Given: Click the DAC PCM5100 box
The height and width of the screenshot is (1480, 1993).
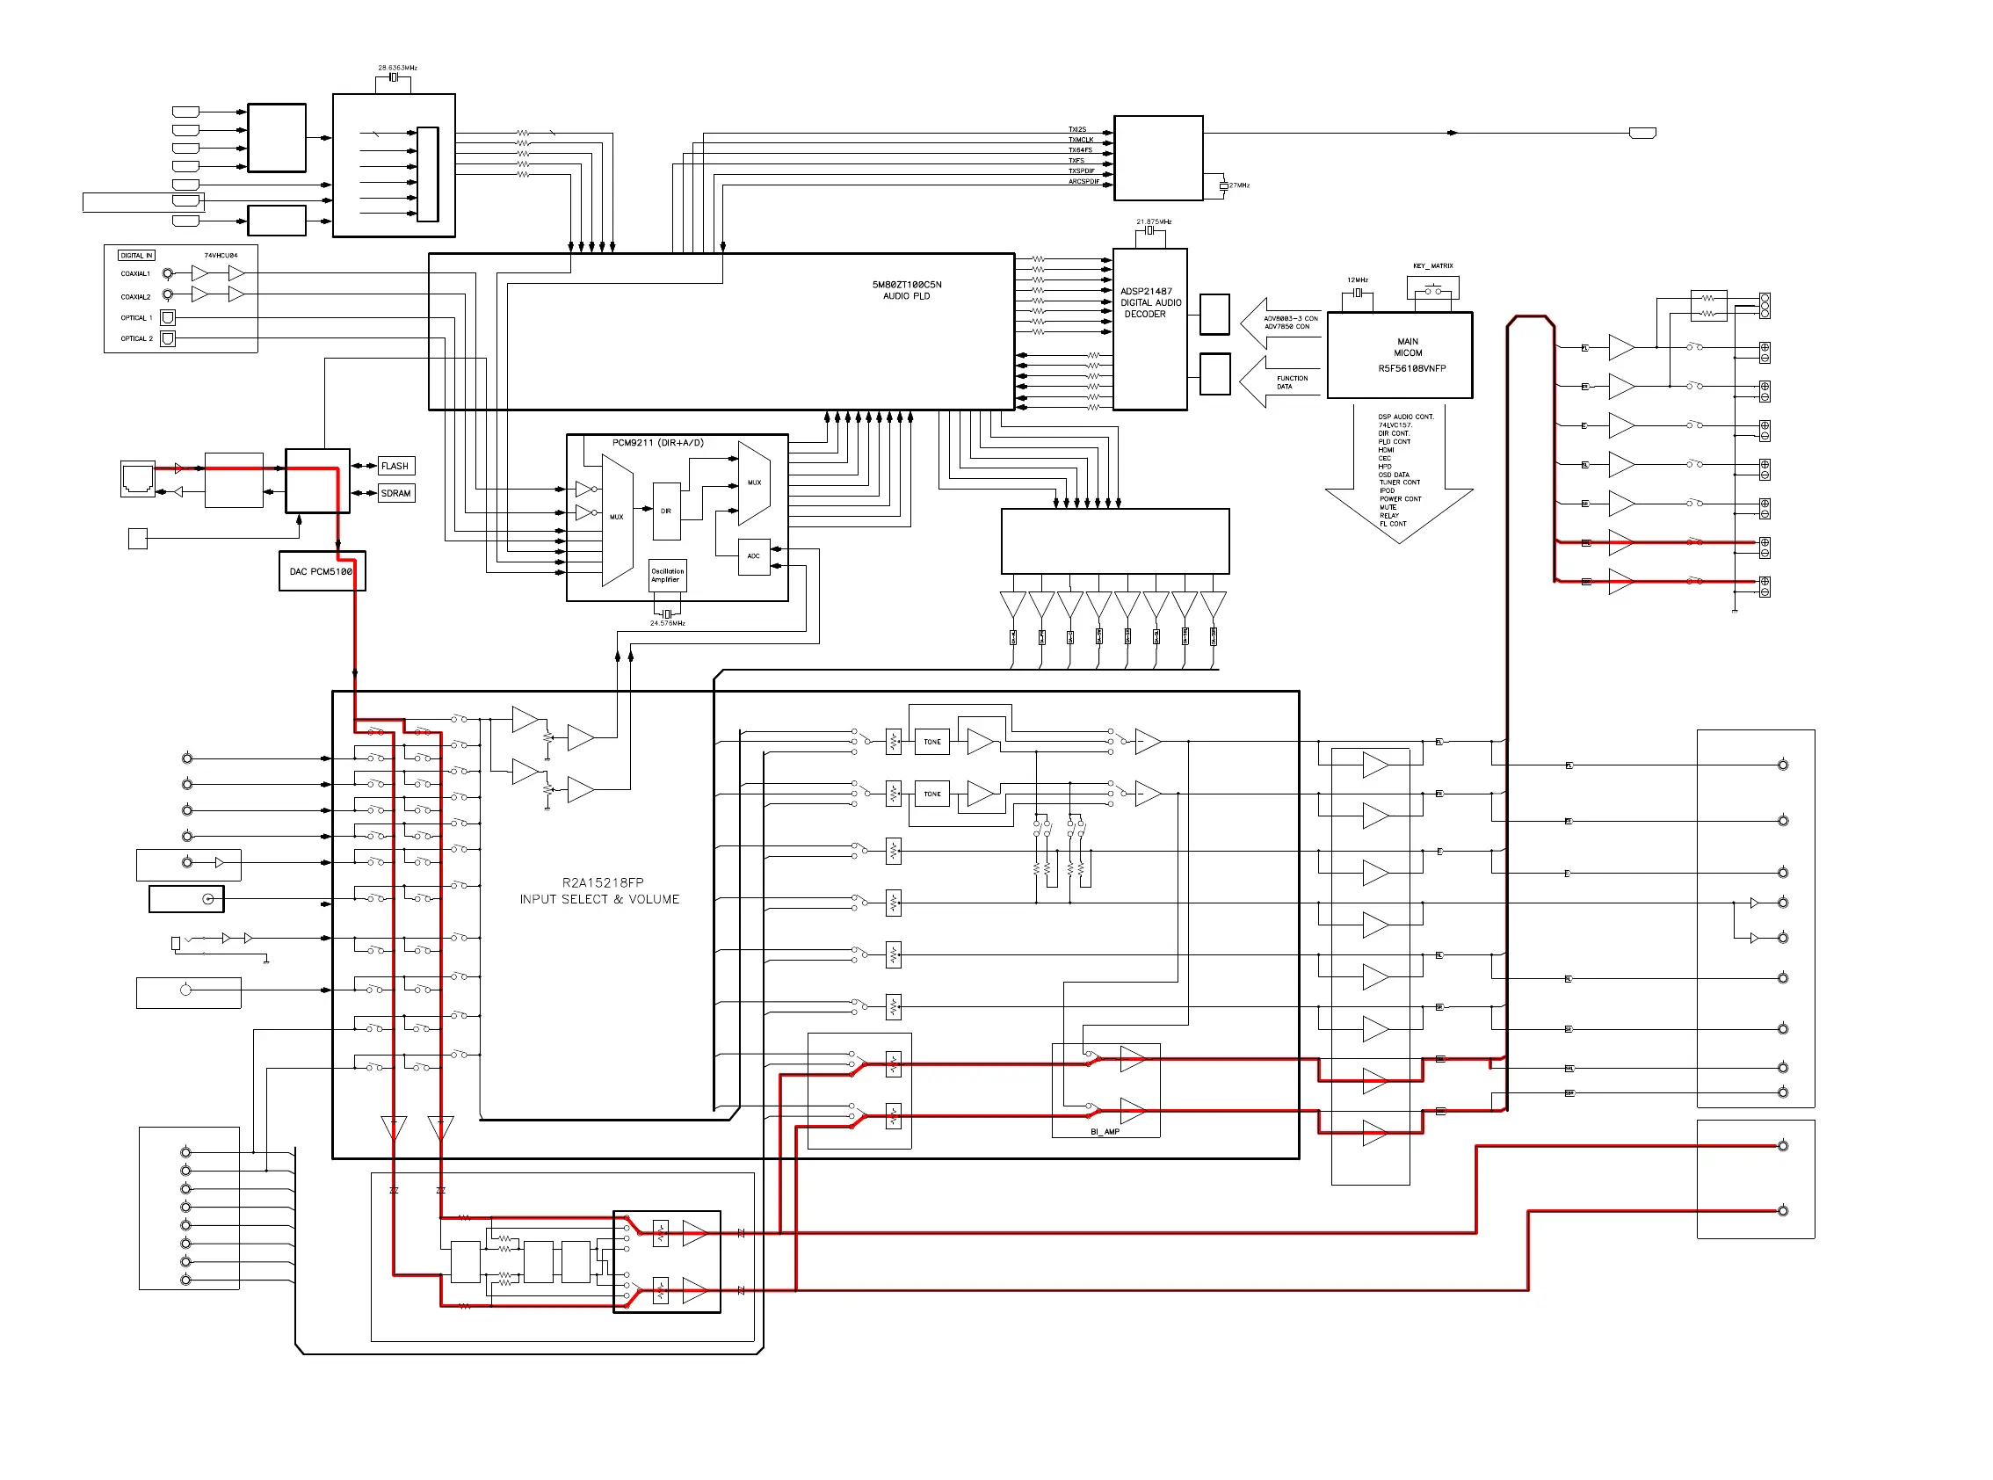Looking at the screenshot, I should coord(321,571).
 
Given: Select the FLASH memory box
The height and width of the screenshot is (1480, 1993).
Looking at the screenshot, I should coord(395,466).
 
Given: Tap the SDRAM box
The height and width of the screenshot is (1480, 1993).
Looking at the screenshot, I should coord(396,494).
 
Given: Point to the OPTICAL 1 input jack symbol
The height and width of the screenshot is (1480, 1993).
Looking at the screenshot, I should coord(168,317).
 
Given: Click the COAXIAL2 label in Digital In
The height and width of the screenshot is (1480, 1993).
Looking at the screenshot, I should coord(135,296).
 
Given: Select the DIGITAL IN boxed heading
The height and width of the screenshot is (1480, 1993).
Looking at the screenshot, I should coord(136,256).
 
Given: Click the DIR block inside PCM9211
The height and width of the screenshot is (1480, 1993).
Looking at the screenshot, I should coord(666,511).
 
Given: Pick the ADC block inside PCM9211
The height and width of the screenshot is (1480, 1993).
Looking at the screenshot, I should coord(753,556).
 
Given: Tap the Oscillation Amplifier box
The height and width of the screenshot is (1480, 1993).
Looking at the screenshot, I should coord(666,575).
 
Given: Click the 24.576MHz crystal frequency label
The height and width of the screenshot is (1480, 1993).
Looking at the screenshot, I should coord(667,623).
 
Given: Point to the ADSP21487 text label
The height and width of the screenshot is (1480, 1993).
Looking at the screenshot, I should coord(1146,291).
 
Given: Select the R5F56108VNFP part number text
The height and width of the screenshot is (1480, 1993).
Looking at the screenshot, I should coord(1411,368).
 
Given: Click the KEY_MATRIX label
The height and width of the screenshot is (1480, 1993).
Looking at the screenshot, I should coord(1432,266).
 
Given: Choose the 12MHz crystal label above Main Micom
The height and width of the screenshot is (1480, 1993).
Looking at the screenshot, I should coord(1357,280).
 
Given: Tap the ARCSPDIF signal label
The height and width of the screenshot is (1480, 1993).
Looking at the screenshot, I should coord(1083,182).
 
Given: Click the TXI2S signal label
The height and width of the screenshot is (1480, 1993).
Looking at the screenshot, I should coord(1076,130).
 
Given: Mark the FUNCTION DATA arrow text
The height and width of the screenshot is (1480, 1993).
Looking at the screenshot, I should coord(1291,382).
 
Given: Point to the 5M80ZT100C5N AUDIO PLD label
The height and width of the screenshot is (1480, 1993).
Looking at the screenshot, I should coord(907,290).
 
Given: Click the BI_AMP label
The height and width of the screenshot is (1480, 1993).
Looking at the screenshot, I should coord(1105,1131).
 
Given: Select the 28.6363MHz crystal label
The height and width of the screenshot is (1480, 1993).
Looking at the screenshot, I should coord(397,68).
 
